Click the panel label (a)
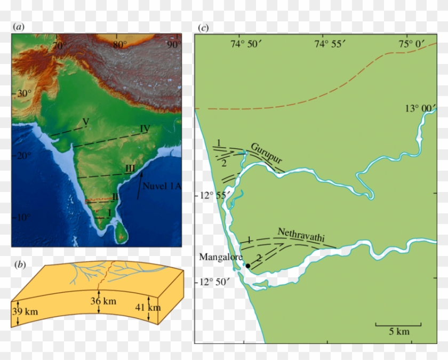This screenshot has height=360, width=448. pyautogui.click(x=19, y=26)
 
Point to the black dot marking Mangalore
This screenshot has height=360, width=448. pyautogui.click(x=247, y=266)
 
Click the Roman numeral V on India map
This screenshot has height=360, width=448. pyautogui.click(x=85, y=122)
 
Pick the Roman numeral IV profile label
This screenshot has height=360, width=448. pyautogui.click(x=145, y=129)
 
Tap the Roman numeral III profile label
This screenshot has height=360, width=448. pyautogui.click(x=130, y=169)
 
